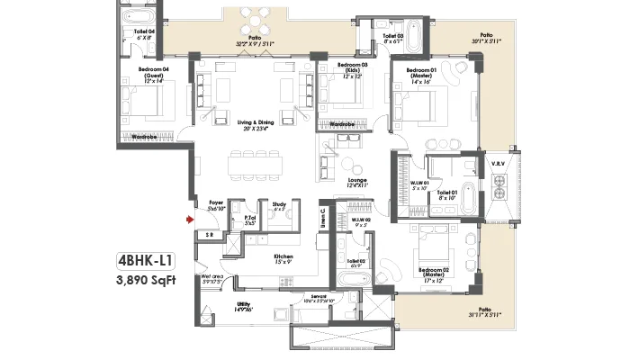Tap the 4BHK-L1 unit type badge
click(146, 261)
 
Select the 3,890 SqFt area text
click(146, 280)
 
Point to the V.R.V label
click(497, 163)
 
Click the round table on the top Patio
click(258, 20)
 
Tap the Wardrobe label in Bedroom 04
click(145, 137)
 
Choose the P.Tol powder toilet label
click(249, 219)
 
